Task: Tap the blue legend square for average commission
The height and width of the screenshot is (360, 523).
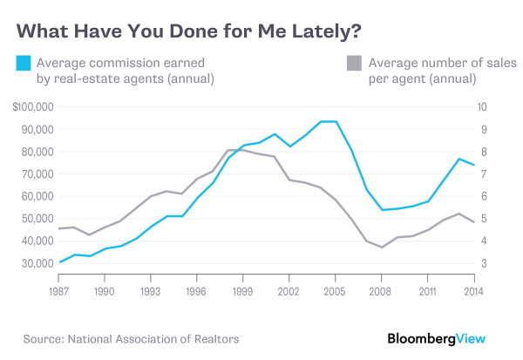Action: (24, 63)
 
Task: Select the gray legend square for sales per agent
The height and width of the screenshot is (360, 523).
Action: (353, 63)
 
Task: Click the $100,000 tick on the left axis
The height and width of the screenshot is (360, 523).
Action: (34, 107)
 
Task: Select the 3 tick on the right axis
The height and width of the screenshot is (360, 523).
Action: (479, 263)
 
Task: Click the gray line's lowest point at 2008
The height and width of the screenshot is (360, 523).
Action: (381, 248)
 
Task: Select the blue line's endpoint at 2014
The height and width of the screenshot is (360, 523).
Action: (473, 165)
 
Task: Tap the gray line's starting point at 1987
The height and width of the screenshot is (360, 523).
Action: (58, 228)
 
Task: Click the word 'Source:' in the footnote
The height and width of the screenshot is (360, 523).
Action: (41, 336)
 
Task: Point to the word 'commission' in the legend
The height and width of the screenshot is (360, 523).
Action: (129, 63)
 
